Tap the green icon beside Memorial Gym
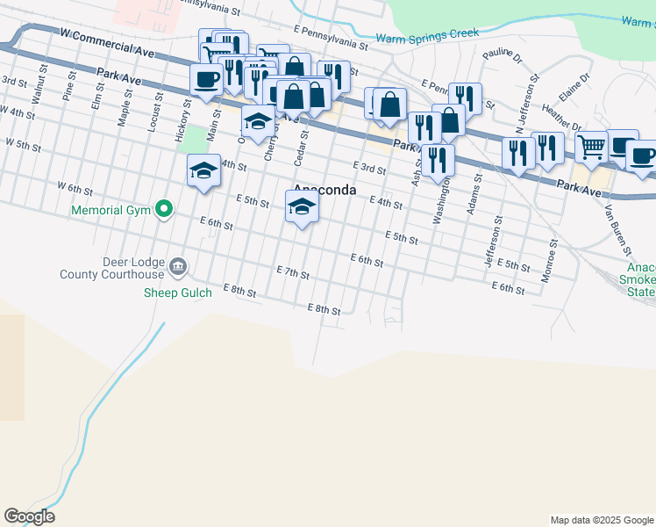163,209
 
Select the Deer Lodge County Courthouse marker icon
178,266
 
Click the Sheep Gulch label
178,292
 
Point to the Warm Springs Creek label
427,35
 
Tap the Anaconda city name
324,190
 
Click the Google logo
29,516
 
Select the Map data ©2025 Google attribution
601,520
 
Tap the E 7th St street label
293,274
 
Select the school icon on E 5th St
302,207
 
